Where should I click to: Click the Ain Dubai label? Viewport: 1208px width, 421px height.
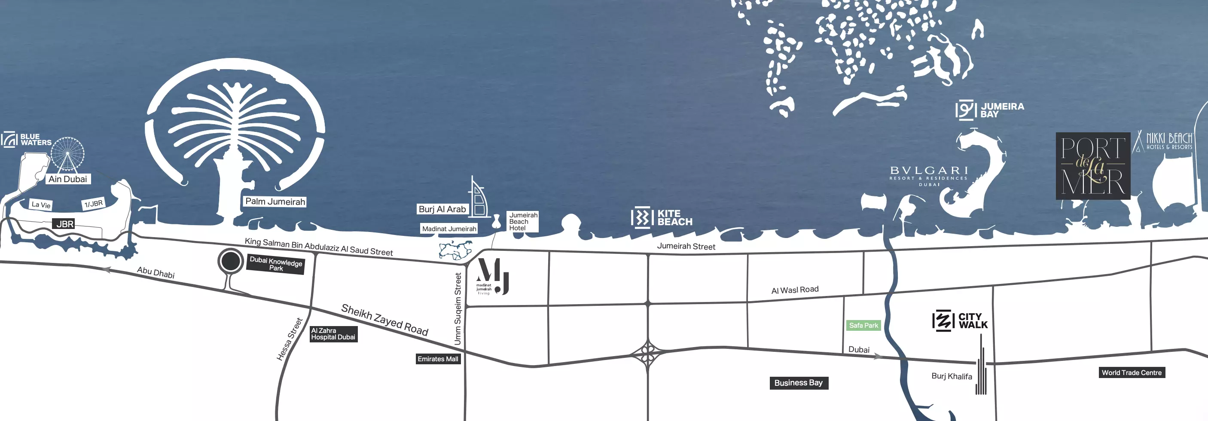(68, 179)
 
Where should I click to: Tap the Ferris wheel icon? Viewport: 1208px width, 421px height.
(67, 153)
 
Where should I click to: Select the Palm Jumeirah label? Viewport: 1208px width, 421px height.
(275, 201)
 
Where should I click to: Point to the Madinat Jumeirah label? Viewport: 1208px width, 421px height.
(449, 229)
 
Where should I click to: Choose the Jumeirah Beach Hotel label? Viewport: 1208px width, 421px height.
(523, 221)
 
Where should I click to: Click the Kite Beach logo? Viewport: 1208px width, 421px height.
(662, 217)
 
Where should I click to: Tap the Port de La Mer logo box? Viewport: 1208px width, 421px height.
(1092, 166)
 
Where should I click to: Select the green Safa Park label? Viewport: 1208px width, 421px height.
(863, 325)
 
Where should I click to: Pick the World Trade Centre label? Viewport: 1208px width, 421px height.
(1132, 373)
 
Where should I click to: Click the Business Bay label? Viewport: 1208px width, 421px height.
(799, 383)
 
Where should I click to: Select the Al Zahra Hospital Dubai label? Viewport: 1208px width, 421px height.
(333, 334)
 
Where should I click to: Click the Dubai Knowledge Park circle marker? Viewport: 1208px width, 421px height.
(230, 261)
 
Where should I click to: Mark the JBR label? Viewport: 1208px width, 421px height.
(65, 224)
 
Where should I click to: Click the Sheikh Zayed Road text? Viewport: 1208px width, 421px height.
(384, 320)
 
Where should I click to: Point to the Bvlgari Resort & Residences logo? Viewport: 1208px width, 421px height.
(928, 175)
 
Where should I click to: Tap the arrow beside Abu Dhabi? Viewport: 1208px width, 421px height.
(107, 270)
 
